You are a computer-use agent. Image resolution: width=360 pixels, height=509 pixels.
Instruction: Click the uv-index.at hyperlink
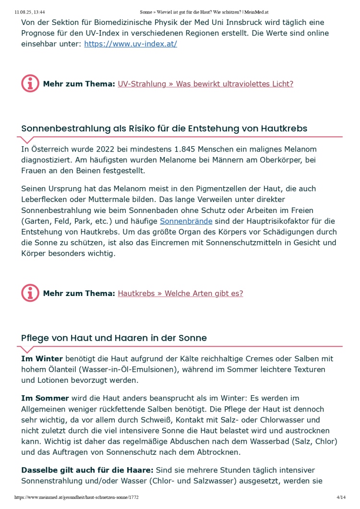131,44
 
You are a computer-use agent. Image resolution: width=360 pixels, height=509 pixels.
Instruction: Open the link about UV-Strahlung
205,84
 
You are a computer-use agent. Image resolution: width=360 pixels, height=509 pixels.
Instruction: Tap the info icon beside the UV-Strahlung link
30,83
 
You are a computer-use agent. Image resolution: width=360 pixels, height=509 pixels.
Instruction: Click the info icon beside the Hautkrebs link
30,293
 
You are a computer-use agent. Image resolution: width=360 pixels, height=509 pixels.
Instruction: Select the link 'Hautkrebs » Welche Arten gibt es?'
180,294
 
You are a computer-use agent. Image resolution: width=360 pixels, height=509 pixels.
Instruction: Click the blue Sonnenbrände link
186,221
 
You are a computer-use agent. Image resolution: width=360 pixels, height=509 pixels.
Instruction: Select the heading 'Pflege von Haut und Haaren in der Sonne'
114,338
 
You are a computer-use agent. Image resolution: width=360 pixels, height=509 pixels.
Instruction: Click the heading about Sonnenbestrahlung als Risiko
164,129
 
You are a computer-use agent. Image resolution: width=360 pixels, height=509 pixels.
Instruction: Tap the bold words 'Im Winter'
42,359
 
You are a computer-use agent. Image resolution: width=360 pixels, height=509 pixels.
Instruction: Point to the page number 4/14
341,498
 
